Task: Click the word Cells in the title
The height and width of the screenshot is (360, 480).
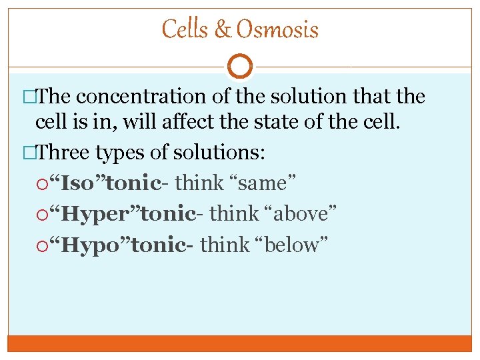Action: [x=184, y=29]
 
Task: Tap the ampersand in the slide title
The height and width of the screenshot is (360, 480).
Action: [x=222, y=30]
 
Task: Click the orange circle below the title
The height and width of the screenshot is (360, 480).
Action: [x=240, y=67]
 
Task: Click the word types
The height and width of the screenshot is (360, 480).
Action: [x=121, y=153]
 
